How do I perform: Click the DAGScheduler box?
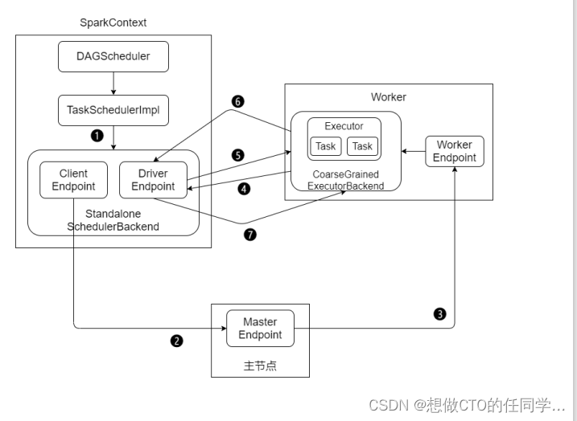113,57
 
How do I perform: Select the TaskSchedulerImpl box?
113,110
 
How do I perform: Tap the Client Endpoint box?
73,180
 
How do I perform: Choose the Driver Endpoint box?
153,180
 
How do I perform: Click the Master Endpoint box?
260,328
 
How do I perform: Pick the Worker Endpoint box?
455,151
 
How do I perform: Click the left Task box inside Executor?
326,146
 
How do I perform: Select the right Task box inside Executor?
363,146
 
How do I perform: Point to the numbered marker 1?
97,136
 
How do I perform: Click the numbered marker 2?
177,340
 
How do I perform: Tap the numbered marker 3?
439,314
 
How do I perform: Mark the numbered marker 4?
245,190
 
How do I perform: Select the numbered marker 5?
237,154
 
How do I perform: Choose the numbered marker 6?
237,102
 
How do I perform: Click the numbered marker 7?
250,235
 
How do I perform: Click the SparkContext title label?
113,22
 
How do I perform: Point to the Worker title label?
389,97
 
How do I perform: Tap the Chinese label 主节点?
260,366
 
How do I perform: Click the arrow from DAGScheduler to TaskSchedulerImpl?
113,84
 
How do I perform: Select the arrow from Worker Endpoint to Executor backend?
414,151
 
